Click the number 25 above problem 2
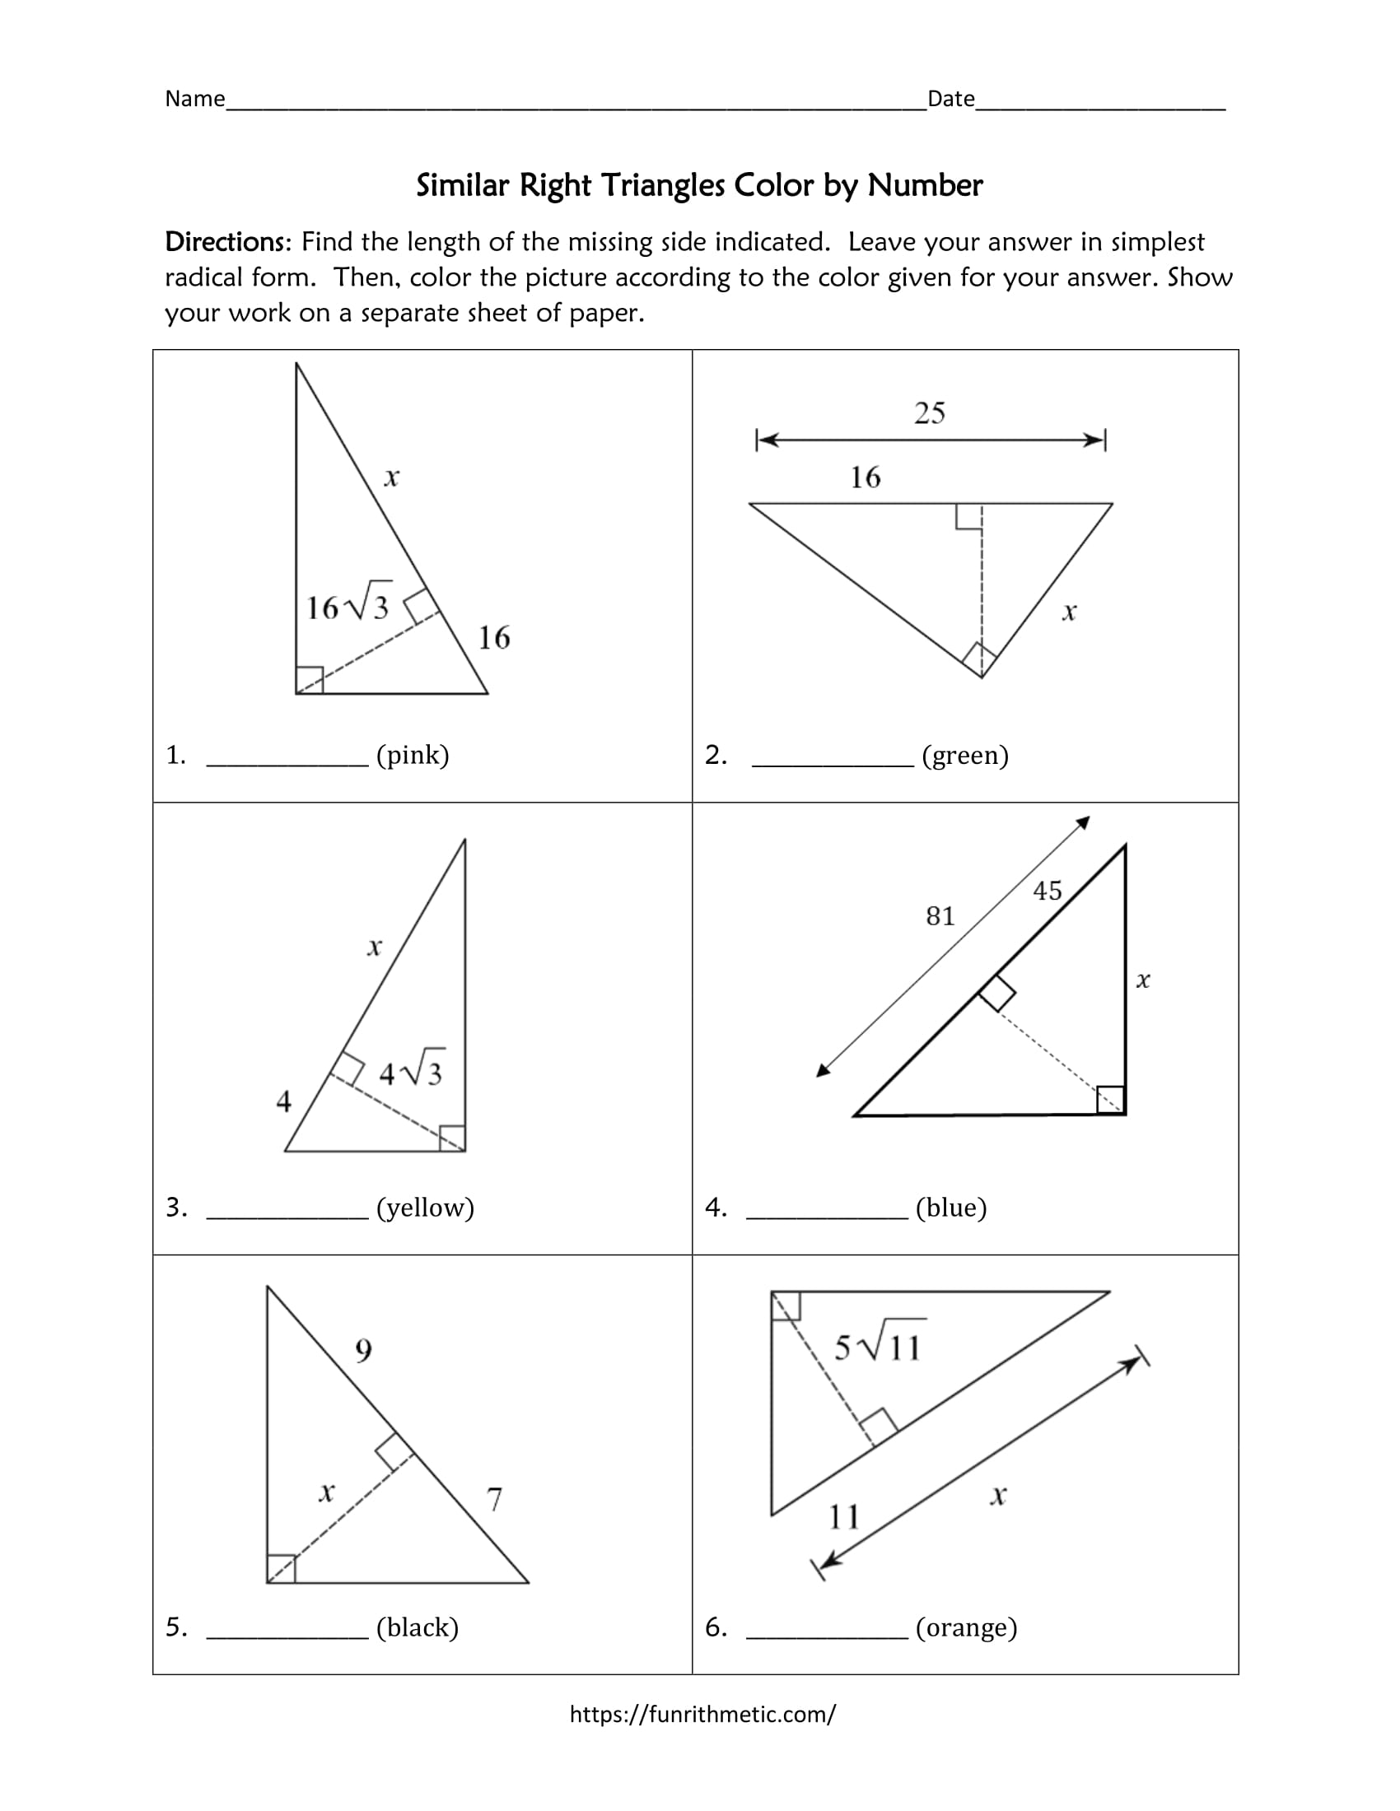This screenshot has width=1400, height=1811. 929,413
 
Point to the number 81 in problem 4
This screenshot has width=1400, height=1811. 940,916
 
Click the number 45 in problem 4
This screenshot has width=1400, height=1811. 1047,891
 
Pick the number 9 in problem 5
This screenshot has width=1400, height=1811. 363,1352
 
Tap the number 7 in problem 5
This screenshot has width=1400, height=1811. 494,1499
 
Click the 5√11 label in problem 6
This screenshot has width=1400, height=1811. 879,1345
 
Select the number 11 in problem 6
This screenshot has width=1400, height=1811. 844,1516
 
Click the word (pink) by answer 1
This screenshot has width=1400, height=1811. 413,756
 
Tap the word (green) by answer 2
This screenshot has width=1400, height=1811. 964,756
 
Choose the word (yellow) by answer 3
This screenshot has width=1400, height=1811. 425,1208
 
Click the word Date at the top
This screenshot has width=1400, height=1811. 950,100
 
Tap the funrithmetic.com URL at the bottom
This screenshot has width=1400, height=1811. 702,1714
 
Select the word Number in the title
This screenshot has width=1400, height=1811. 925,186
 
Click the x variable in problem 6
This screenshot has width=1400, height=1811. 998,1495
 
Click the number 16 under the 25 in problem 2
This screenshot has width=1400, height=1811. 865,477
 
